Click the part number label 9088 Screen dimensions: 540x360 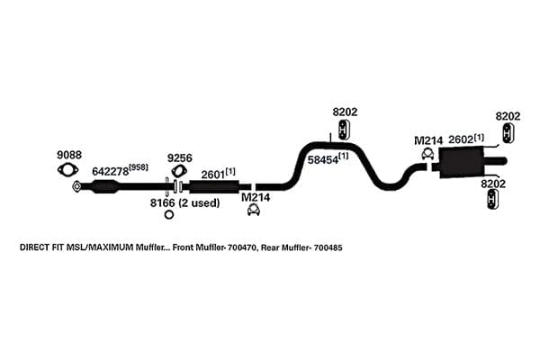69,155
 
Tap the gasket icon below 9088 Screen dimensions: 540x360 67,170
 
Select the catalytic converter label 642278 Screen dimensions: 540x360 110,171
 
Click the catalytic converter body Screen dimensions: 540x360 105,186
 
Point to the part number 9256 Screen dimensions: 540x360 180,158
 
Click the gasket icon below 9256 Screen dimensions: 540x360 179,172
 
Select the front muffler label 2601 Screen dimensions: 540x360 212,175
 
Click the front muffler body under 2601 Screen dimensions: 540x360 214,186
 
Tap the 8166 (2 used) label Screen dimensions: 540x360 184,202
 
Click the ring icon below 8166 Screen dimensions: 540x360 169,214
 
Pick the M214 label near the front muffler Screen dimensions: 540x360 256,197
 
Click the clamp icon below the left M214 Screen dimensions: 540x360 254,210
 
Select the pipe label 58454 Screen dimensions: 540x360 323,160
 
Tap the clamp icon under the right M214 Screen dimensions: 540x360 427,154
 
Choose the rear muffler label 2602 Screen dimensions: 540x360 461,139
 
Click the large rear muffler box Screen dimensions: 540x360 461,162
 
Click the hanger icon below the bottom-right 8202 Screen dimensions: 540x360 493,200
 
